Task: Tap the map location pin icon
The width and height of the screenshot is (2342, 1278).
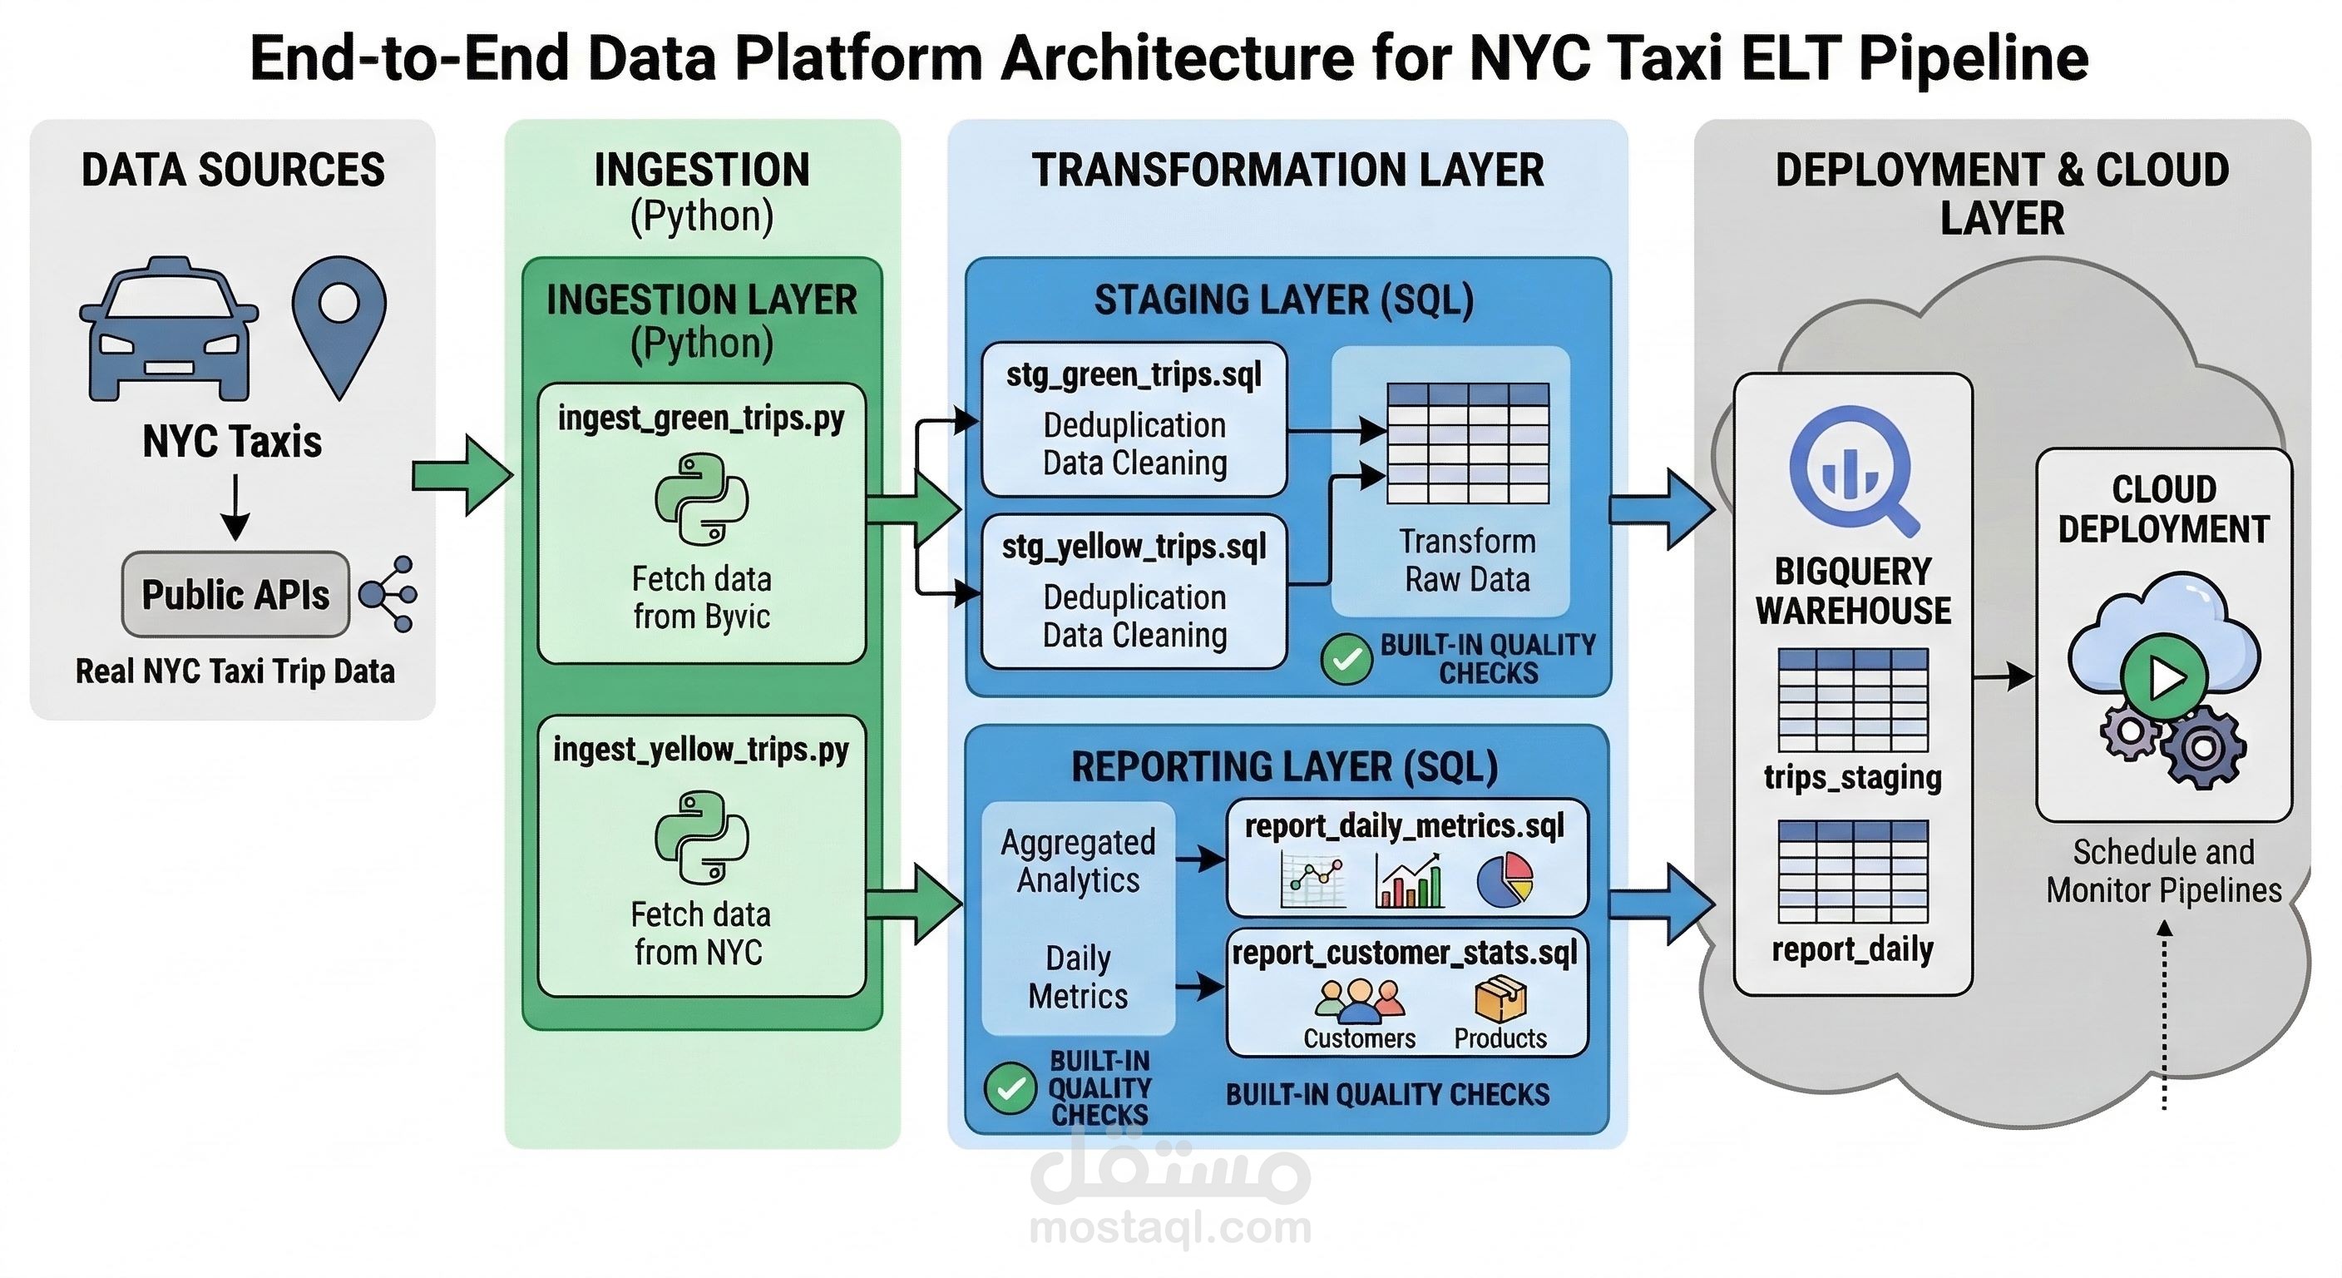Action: (339, 323)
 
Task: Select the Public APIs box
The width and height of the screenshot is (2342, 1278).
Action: (235, 594)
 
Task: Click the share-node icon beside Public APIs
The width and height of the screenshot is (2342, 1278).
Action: (389, 594)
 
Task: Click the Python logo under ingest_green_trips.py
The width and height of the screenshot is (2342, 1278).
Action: (701, 499)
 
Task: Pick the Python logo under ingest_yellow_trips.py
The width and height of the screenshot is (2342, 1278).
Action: (701, 837)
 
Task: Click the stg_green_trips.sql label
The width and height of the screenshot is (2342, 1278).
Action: (1134, 374)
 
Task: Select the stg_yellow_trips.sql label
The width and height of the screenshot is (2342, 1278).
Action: (1134, 547)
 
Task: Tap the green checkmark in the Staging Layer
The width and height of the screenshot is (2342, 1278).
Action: (1346, 660)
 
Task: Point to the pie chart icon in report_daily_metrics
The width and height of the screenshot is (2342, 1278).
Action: (1505, 879)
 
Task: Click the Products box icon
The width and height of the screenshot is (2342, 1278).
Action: (1500, 998)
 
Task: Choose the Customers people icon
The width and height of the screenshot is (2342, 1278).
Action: (1359, 998)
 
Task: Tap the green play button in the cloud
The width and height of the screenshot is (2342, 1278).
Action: (2164, 677)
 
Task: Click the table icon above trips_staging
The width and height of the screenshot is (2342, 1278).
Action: (1853, 700)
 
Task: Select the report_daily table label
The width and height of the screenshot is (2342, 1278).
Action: (1853, 949)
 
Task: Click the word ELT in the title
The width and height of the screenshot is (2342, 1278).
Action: (1794, 57)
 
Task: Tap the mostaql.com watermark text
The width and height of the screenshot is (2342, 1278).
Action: (1170, 1228)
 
